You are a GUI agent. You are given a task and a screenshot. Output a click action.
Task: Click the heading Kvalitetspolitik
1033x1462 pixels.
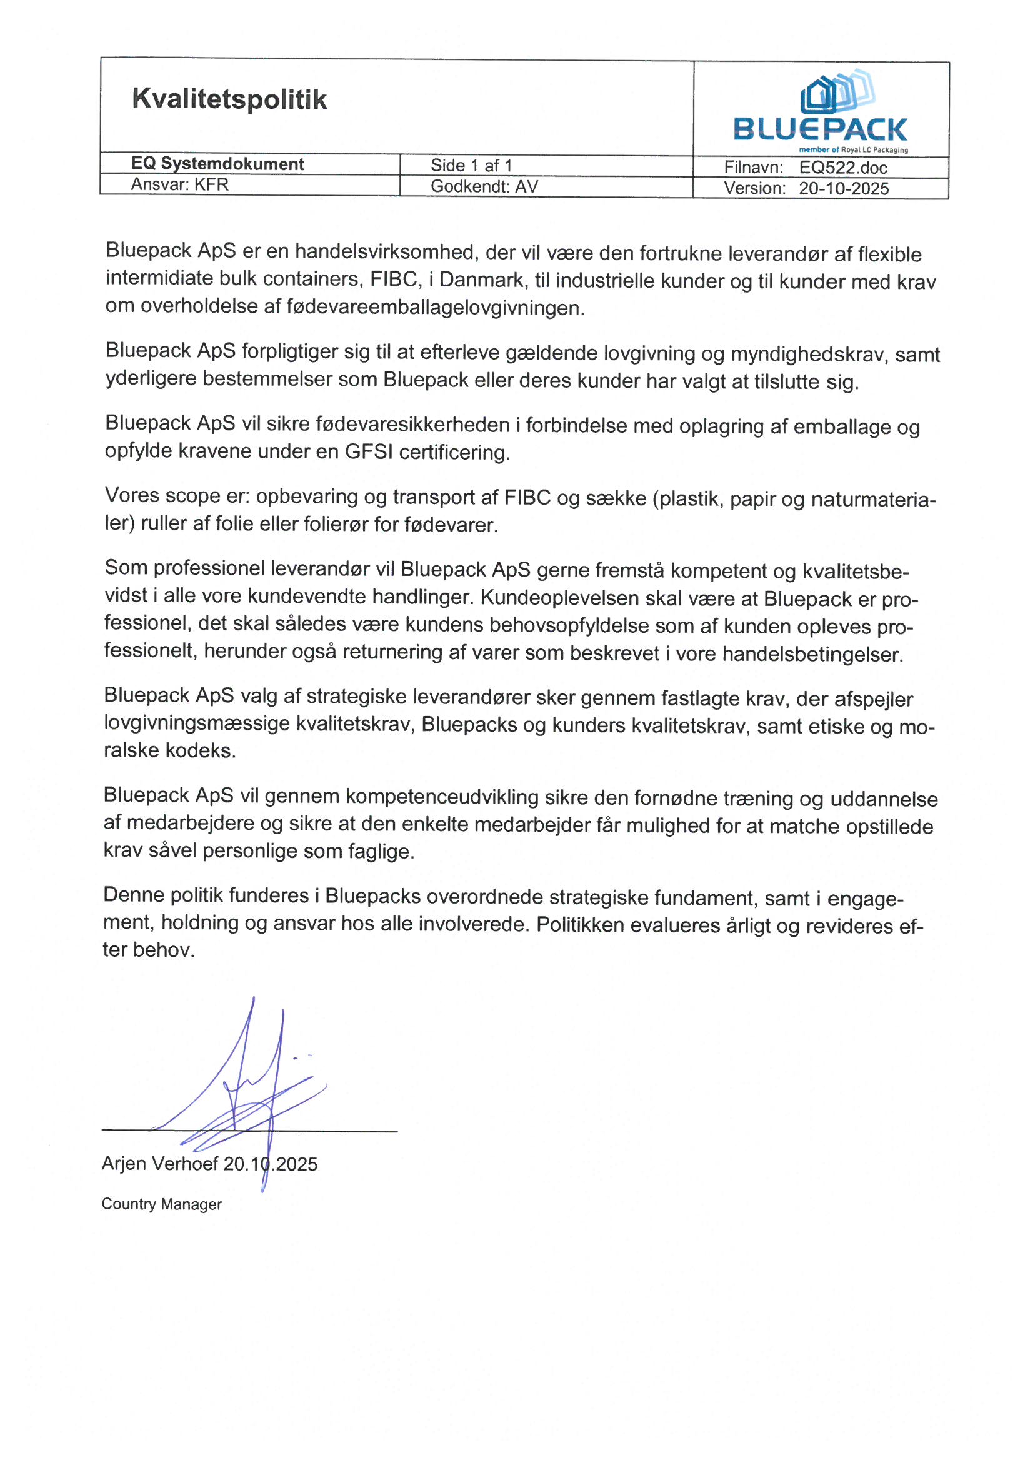(229, 99)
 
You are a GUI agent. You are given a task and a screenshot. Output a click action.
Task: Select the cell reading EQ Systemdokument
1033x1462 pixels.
(217, 164)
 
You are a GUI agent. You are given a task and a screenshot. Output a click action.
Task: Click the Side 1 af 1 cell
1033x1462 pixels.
(471, 166)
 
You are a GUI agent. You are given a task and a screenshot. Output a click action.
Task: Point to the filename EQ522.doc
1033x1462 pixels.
(842, 168)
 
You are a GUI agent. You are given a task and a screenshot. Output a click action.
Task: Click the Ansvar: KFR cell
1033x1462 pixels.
(179, 184)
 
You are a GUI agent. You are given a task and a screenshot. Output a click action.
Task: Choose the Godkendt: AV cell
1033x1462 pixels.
(484, 186)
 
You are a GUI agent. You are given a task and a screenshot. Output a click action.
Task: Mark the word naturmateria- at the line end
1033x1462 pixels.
(873, 500)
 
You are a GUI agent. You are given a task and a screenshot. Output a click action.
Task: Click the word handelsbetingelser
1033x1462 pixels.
(812, 655)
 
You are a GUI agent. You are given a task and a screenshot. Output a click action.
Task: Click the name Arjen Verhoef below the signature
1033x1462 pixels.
(160, 1164)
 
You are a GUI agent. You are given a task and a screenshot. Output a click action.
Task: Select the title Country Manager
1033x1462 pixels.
(162, 1204)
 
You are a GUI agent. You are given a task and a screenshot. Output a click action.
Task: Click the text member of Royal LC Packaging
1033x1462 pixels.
(853, 150)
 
